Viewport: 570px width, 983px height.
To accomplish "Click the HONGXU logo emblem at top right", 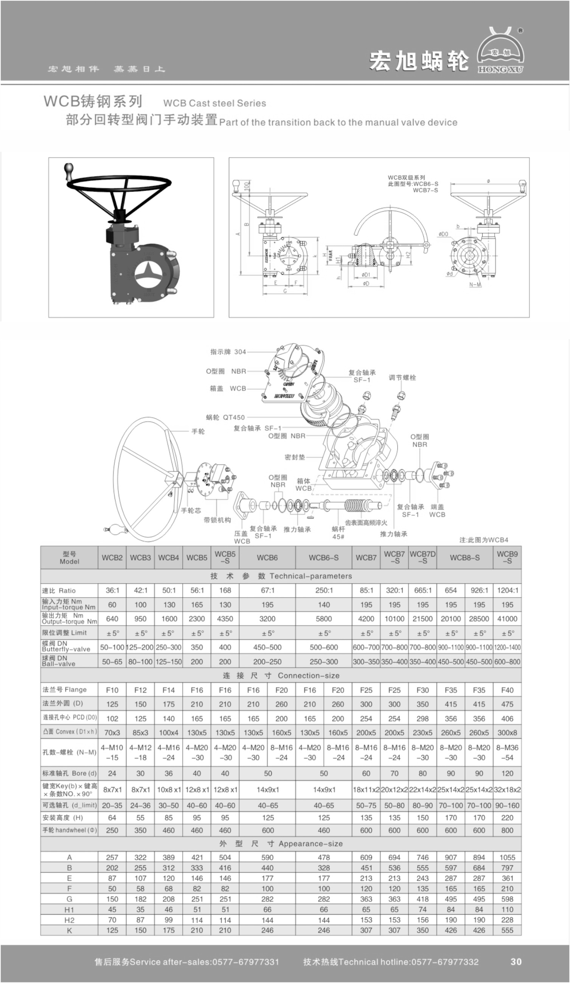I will tap(500, 51).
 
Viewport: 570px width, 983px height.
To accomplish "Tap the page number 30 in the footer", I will tap(516, 961).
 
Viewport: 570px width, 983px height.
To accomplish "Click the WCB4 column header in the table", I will tap(169, 557).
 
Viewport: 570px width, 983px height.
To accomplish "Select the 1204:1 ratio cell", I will tap(507, 590).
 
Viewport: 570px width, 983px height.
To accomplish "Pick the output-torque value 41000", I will tap(507, 619).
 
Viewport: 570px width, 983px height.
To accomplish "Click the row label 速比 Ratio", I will tap(59, 591).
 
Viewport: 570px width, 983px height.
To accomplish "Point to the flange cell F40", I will tap(507, 690).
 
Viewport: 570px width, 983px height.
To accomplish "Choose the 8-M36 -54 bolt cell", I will tap(507, 752).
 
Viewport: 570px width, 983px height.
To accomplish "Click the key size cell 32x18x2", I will tap(507, 789).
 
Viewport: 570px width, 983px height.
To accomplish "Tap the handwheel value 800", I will tap(507, 831).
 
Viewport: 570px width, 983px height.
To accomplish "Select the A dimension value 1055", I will tap(507, 857).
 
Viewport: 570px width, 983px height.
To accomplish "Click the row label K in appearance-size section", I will tap(70, 930).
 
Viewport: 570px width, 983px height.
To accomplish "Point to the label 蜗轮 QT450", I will tap(225, 417).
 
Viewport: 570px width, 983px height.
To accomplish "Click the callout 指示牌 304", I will tap(228, 352).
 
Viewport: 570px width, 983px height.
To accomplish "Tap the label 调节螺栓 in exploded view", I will tap(402, 378).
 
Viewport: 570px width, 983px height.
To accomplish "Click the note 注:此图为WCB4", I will tap(484, 540).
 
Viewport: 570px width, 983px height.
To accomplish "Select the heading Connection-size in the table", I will tap(308, 676).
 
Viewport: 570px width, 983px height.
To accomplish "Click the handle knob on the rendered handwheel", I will tap(69, 172).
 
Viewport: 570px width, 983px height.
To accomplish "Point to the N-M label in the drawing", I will tap(475, 285).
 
